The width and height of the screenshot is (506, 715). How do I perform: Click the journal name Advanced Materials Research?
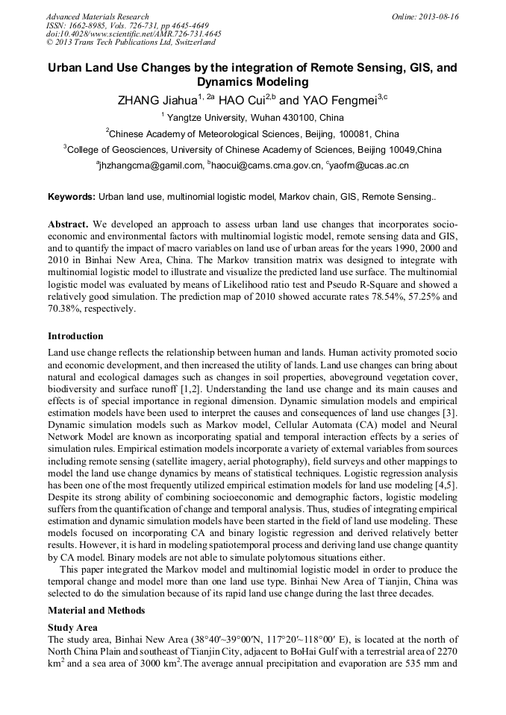pos(97,16)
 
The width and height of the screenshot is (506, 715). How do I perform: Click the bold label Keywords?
pos(72,198)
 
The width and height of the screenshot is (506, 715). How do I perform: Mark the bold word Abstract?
pos(69,224)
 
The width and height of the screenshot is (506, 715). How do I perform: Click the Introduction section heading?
pos(75,336)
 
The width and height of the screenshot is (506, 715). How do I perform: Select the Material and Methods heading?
pos(96,611)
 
